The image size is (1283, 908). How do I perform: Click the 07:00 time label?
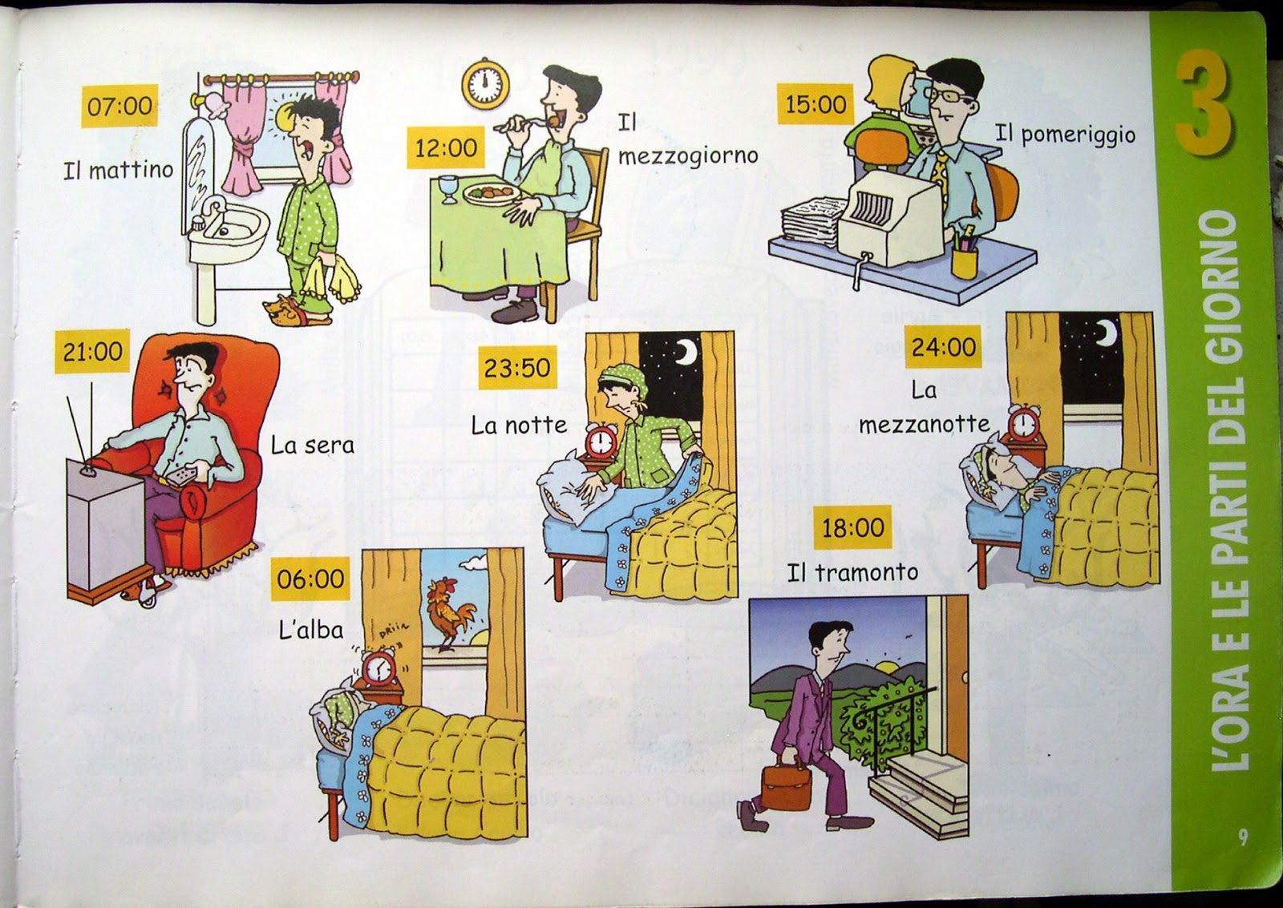coord(119,106)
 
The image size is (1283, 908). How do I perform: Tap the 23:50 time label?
coord(517,367)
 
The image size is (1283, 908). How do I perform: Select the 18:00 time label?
coord(853,527)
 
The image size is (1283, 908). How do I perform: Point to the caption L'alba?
coord(311,630)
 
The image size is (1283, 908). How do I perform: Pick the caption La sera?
coord(313,446)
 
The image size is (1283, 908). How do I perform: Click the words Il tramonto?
coord(852,572)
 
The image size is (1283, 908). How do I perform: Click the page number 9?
coord(1242,837)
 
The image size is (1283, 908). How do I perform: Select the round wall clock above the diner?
coord(485,83)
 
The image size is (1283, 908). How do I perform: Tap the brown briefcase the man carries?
coord(787,783)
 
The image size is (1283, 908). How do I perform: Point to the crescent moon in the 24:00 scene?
coord(1107,333)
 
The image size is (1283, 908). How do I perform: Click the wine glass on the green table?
coord(448,189)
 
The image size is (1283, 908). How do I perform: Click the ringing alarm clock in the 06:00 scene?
coord(378,668)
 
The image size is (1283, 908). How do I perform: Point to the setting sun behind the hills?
coord(884,666)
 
